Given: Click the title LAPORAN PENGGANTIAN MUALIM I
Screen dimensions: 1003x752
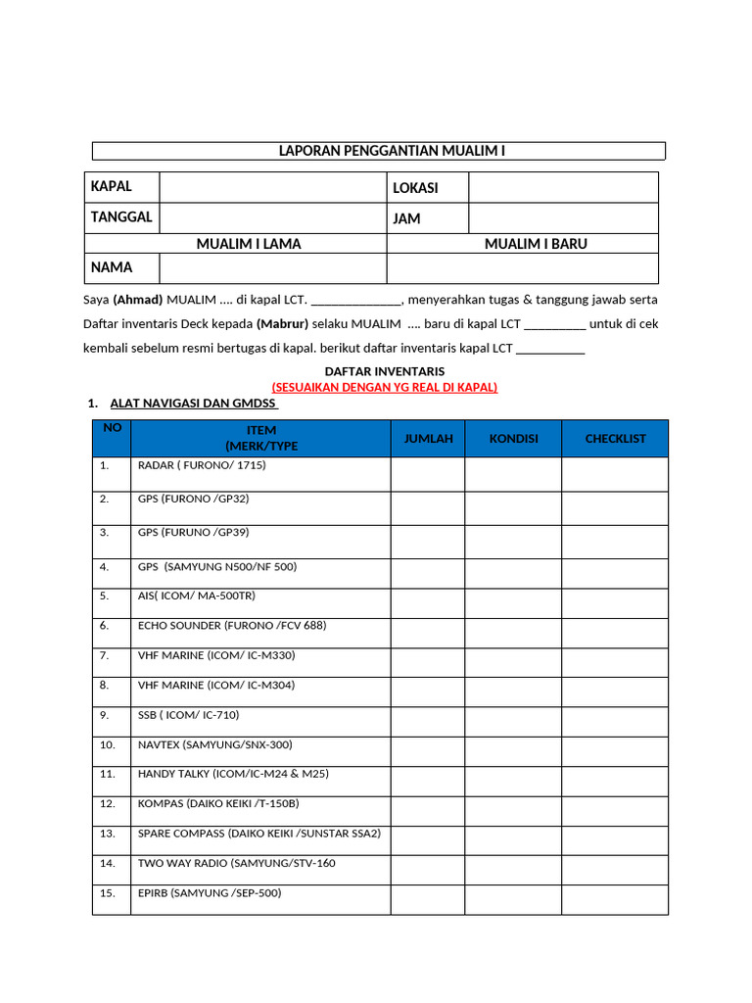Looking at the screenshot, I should pos(392,151).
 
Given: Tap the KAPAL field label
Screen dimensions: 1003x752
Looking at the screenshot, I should pos(111,186).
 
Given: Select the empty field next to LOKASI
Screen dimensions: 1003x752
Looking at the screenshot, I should pos(563,187).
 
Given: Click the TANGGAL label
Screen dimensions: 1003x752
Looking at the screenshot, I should pos(121,217).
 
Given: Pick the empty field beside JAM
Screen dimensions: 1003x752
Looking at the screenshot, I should pos(563,217).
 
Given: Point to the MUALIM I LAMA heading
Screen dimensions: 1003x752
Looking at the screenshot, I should pos(248,244).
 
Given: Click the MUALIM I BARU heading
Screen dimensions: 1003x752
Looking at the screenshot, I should pos(536,244).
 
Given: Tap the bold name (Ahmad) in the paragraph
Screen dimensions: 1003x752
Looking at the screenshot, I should pos(138,299).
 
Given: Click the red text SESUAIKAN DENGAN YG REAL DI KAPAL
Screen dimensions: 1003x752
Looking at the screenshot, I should pos(385,387).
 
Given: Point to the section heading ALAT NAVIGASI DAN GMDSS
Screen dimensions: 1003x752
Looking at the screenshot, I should pos(193,404).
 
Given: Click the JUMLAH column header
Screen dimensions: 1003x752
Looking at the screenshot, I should pos(428,439).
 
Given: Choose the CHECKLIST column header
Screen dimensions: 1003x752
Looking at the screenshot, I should pos(615,439).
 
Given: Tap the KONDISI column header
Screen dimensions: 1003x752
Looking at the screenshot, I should pos(513,439).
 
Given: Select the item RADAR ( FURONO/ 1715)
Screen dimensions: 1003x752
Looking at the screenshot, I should pos(202,465).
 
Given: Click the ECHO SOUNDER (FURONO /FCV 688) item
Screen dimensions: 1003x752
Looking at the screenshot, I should pos(232,625).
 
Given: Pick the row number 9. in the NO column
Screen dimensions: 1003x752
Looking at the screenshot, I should pos(105,715).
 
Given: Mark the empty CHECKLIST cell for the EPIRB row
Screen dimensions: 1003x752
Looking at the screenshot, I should pos(615,899).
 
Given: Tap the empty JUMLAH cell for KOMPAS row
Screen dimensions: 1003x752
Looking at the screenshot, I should pos(428,810).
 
